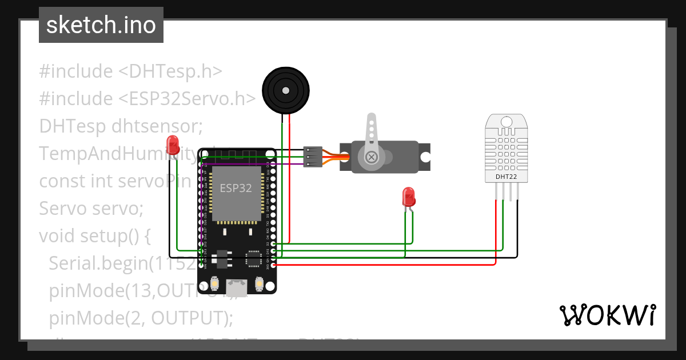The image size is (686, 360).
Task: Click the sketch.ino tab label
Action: (x=101, y=25)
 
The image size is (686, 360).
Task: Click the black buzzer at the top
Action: (x=285, y=89)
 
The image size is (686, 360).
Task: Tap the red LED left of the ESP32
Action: (x=172, y=143)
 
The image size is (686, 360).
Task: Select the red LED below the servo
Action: (x=409, y=197)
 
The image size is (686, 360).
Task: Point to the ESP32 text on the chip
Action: (x=236, y=188)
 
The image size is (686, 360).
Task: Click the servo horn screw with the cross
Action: (x=372, y=157)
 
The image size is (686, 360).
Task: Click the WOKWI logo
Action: (x=607, y=315)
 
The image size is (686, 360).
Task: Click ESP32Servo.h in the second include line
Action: (x=187, y=98)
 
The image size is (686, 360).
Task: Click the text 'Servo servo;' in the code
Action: (x=91, y=208)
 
